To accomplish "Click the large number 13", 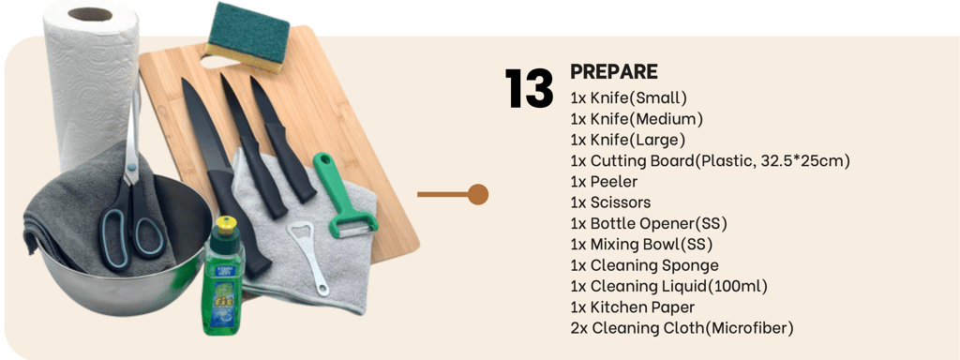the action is click(529, 89).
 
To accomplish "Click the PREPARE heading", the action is click(614, 71).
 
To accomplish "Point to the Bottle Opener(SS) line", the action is click(649, 223).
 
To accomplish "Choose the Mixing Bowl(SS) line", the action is click(641, 245).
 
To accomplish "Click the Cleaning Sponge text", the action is click(645, 265).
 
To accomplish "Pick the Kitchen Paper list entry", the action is click(633, 307).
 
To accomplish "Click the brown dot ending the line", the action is click(477, 195).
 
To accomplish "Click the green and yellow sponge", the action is click(247, 36).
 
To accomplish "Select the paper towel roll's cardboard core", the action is click(90, 14).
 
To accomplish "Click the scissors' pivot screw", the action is click(129, 165).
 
